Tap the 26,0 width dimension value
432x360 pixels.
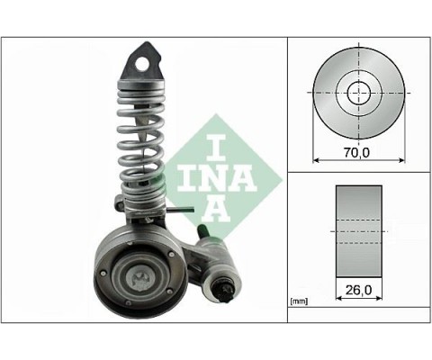point(358,291)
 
